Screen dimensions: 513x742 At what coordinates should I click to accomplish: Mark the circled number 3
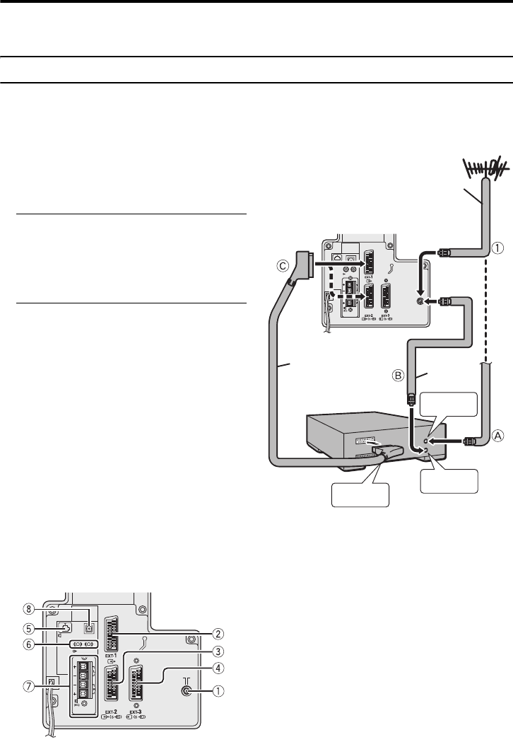coord(220,651)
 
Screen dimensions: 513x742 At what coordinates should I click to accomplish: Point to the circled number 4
coord(220,668)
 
